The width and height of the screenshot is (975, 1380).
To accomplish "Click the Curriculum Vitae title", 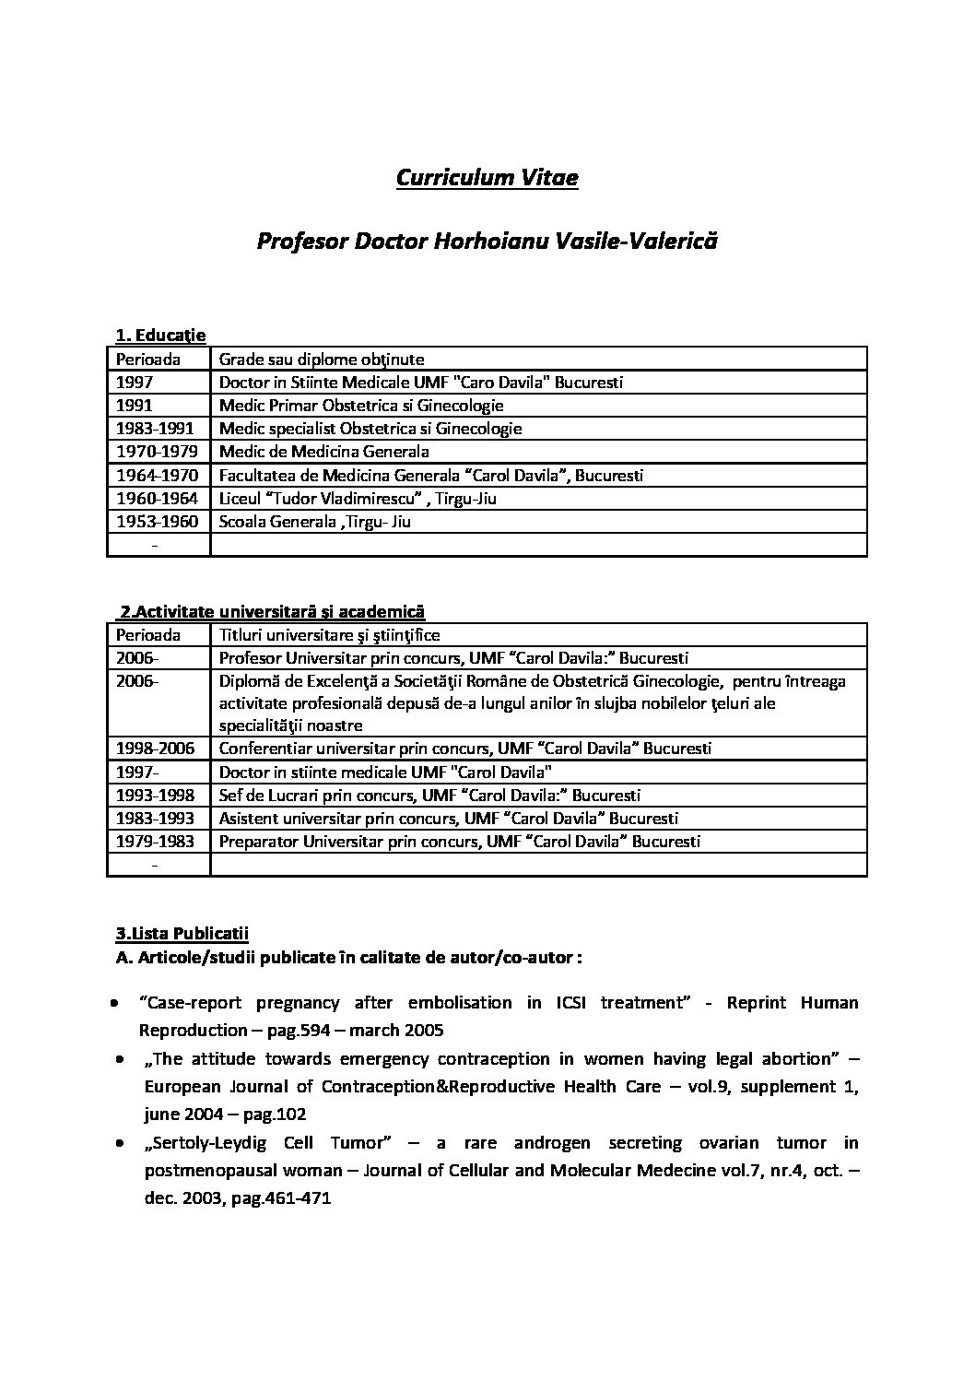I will [487, 177].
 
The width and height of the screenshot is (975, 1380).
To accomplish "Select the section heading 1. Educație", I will [160, 336].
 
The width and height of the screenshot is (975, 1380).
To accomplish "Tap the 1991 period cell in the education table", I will [135, 406].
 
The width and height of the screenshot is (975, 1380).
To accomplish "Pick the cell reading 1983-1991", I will [154, 429].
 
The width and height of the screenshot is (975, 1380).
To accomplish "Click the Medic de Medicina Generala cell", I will [323, 452].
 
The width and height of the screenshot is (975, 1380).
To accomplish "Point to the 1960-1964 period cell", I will [154, 499].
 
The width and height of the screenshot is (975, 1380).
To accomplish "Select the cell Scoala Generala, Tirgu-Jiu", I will [314, 522].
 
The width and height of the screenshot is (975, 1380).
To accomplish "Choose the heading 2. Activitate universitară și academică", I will [272, 611].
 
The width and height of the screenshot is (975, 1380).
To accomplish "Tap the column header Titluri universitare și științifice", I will [329, 635].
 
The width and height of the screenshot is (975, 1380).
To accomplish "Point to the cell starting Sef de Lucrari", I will [429, 796].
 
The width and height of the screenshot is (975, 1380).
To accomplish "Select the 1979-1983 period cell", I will [154, 842].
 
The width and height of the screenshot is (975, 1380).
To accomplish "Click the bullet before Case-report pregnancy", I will [113, 1002].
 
